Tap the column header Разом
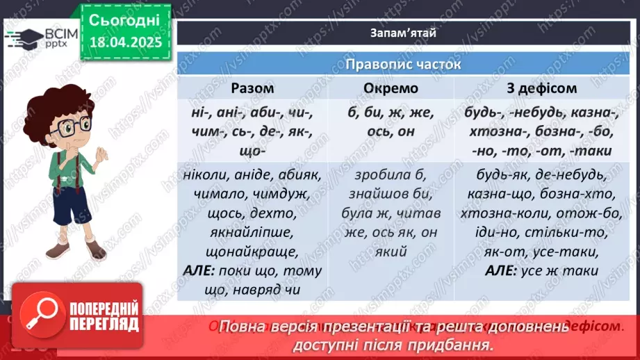point(252,89)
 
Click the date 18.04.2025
point(125,42)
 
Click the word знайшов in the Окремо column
point(377,194)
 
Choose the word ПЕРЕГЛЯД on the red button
point(103,325)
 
